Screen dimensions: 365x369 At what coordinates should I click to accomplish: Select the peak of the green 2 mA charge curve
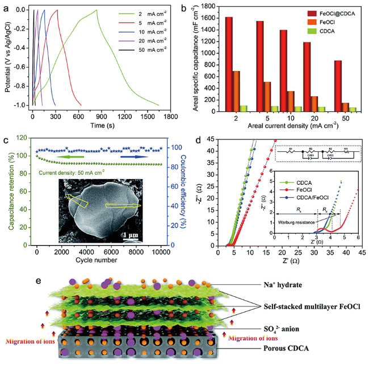[97, 10]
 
